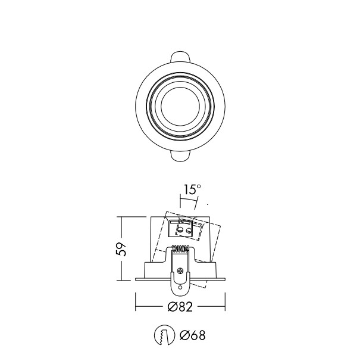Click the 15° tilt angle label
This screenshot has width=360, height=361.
[x=192, y=190]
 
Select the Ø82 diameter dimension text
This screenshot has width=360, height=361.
[x=180, y=307]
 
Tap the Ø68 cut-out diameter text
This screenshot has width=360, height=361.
[x=192, y=336]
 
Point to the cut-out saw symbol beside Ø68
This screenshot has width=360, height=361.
[x=162, y=336]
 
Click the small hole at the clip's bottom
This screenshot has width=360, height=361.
[x=180, y=287]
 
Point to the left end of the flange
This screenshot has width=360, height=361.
[x=137, y=279]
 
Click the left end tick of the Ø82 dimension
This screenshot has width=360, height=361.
[x=136, y=307]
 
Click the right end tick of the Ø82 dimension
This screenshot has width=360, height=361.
[x=224, y=307]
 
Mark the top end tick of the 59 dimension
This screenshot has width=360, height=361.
[x=122, y=217]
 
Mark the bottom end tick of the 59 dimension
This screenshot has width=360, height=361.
[x=122, y=281]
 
